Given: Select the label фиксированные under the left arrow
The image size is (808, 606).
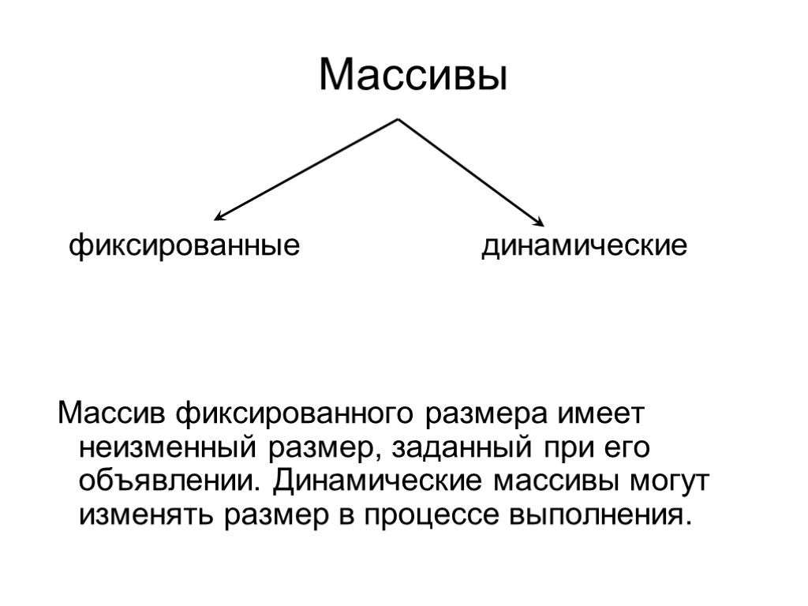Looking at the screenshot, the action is coord(185,246).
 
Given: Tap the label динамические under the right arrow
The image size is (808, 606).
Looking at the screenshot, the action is coord(585,246).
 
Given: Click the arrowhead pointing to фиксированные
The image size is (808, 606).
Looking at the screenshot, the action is coord(219,217).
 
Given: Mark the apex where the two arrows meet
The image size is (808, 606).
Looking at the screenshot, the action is coord(398,120).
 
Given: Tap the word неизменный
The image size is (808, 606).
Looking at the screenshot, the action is coord(166,447).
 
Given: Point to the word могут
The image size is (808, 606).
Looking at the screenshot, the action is coord(669,481).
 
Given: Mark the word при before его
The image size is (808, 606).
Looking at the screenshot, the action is coord(565,447).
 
